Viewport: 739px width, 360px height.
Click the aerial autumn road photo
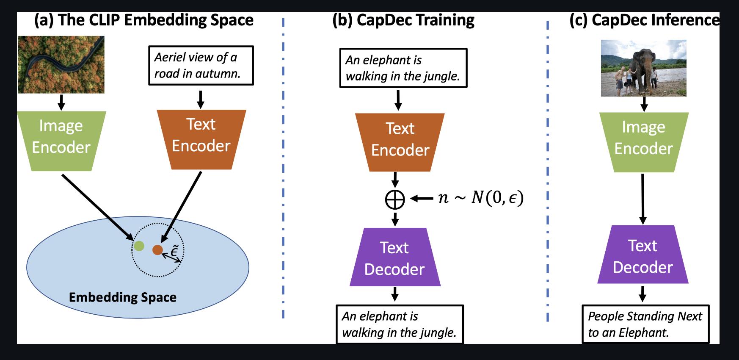61,64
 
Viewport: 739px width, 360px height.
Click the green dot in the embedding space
139,246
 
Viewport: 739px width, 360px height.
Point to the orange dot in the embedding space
157,250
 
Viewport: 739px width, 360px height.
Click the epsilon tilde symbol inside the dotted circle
174,250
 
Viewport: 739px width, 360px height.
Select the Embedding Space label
123,297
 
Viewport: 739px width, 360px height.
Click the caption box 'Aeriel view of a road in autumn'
201,66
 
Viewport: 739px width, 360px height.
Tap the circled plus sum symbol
395,199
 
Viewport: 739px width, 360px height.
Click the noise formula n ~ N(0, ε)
481,197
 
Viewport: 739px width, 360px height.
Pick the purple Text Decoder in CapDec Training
394,258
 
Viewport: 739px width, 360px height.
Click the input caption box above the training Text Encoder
403,68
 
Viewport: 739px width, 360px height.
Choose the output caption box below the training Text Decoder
400,324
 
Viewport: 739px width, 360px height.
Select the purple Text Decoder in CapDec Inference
642,255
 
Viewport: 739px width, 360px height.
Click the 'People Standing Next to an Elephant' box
645,324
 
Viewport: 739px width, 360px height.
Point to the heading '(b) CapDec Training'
403,20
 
